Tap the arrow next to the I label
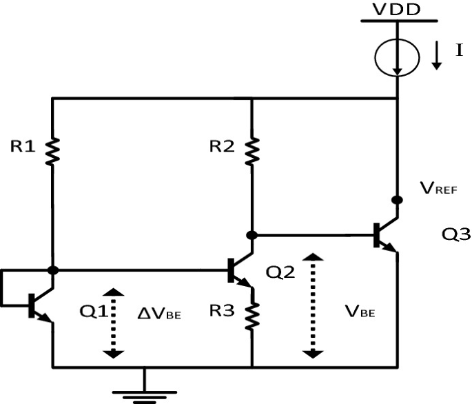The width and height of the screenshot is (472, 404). [437, 57]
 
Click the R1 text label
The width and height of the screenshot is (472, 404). [22, 145]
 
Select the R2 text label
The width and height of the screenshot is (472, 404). [220, 145]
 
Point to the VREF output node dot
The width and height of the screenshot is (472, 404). [398, 200]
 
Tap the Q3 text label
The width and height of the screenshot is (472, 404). [456, 234]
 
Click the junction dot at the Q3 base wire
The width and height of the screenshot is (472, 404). [253, 235]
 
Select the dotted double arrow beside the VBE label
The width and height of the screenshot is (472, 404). [313, 304]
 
